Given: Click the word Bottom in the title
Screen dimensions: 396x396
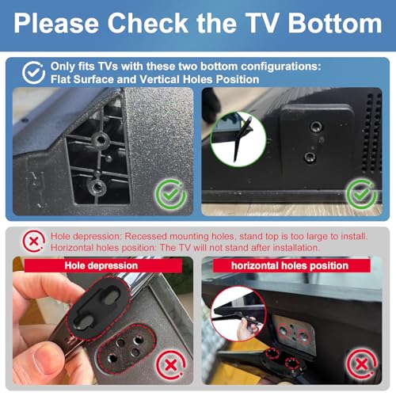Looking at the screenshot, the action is coord(335,23).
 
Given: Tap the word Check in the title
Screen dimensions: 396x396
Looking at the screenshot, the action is coord(148,23).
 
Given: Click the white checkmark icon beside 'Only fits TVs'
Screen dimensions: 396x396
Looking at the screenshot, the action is coord(33,73).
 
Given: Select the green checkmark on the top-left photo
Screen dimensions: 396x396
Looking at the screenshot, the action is coord(171,194).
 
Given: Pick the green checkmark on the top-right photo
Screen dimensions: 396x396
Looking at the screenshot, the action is coord(361,194).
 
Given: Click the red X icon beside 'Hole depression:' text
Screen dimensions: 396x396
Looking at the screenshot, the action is coord(33,241).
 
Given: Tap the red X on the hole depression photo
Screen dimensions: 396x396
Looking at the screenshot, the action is coord(171,365).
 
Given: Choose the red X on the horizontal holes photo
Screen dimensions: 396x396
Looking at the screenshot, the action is coord(362,364).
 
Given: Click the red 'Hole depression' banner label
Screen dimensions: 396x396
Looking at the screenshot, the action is coord(103,265).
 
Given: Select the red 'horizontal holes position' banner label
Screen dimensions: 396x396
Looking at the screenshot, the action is coord(291,265).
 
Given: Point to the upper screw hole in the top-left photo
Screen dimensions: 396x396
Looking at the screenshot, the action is coord(101,139).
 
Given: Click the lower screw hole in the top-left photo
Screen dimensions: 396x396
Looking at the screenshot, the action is coord(97,187).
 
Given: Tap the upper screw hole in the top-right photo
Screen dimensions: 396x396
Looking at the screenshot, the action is coord(315,127).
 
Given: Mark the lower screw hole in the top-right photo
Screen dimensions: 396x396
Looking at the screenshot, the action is coord(309,158).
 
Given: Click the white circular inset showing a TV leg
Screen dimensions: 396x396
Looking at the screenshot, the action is coord(238,139).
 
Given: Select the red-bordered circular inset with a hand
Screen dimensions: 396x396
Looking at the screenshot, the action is coord(238,314).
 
